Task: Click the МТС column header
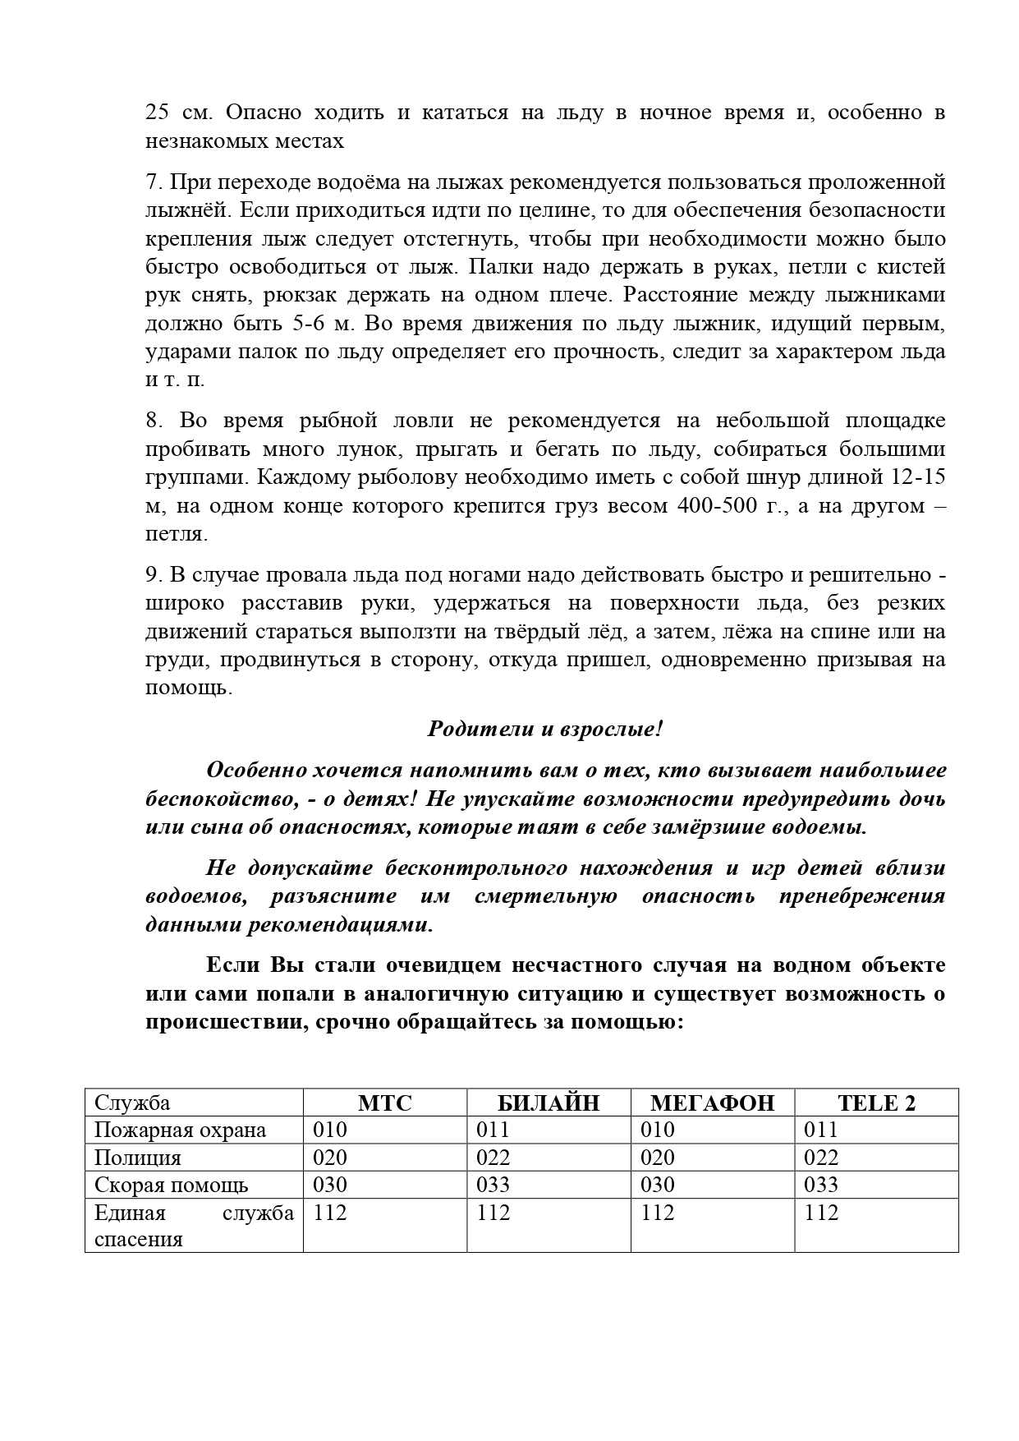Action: (385, 1103)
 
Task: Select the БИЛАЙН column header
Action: (549, 1103)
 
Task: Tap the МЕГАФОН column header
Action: (712, 1103)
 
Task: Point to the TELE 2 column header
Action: (876, 1103)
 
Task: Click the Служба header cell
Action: (132, 1103)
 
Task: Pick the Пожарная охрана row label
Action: (180, 1130)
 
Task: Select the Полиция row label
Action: (137, 1158)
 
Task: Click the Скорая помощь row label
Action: (171, 1185)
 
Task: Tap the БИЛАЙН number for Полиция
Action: (493, 1158)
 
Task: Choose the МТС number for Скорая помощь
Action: (330, 1185)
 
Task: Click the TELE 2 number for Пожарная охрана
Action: (821, 1130)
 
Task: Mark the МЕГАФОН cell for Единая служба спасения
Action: (658, 1213)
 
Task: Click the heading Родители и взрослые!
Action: (545, 729)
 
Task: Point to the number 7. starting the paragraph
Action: (153, 182)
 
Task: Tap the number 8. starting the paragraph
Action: (153, 421)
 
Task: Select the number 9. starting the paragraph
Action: (153, 575)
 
